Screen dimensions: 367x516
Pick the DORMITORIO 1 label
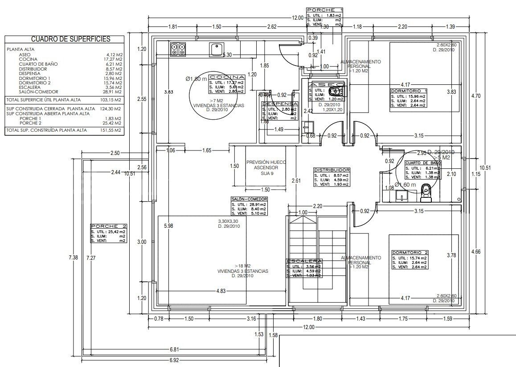409,91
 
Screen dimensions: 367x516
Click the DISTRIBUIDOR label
332,170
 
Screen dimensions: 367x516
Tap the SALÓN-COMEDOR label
249,199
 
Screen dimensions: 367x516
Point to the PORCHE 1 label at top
324,9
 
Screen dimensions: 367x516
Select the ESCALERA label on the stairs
304,261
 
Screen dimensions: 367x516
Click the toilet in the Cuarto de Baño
426,189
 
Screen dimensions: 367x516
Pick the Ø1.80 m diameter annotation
197,79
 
